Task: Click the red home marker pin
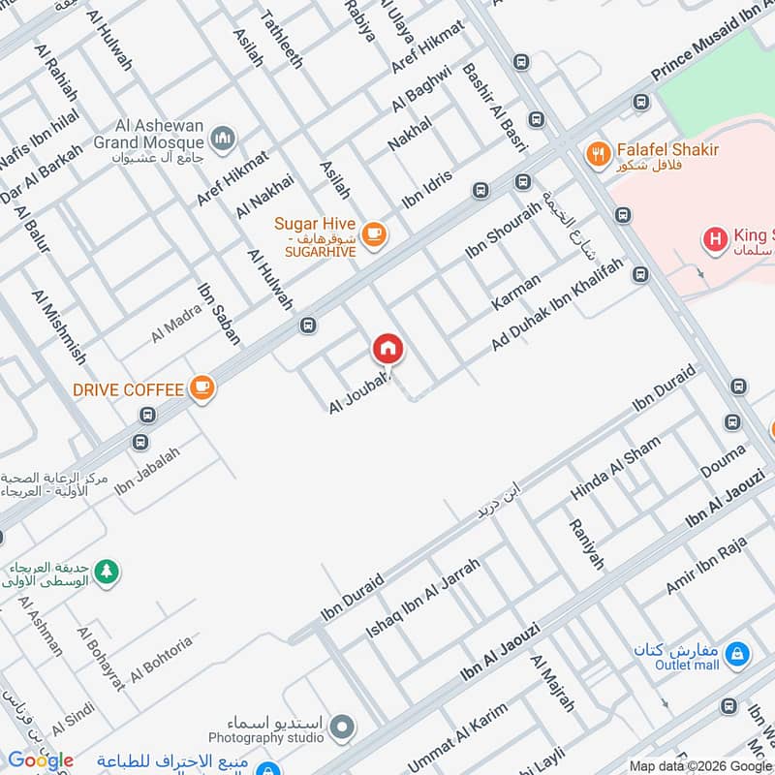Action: point(387,349)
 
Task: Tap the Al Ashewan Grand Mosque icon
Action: point(225,139)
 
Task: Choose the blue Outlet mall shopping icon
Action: point(738,656)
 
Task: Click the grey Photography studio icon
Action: point(341,726)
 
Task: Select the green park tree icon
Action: point(108,572)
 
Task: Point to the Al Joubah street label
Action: point(358,392)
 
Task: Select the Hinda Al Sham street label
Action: point(615,468)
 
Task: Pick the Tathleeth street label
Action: point(278,35)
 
